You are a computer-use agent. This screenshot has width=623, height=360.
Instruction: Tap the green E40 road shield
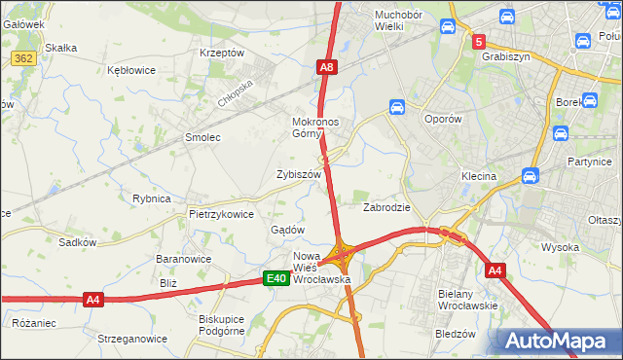coord(276,279)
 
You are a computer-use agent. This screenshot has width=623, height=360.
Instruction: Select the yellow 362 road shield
coord(23,59)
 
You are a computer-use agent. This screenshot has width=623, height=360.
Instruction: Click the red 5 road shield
coord(479,42)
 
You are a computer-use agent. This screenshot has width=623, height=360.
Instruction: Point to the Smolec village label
coord(203,138)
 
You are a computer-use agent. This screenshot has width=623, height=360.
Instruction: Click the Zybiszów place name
coord(299,174)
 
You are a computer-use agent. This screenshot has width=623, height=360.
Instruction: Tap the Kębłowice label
coord(132,71)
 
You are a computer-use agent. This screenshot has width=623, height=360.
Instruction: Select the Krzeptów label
coord(221,53)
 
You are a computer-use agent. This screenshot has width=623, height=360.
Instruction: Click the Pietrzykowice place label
coord(221,214)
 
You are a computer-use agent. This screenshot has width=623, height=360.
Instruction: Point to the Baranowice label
coord(184,260)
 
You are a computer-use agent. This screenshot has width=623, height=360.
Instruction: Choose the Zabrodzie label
coord(386,207)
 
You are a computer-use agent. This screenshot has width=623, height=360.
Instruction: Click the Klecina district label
coord(479,177)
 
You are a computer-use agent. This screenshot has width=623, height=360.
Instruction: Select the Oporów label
coord(448,119)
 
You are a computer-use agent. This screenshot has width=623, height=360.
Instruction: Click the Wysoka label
coord(561,247)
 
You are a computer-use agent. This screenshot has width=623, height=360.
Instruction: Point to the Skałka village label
coord(61,48)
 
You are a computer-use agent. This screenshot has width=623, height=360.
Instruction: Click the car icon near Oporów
coord(397,106)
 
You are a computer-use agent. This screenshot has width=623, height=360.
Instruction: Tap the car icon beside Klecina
coord(531,176)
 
